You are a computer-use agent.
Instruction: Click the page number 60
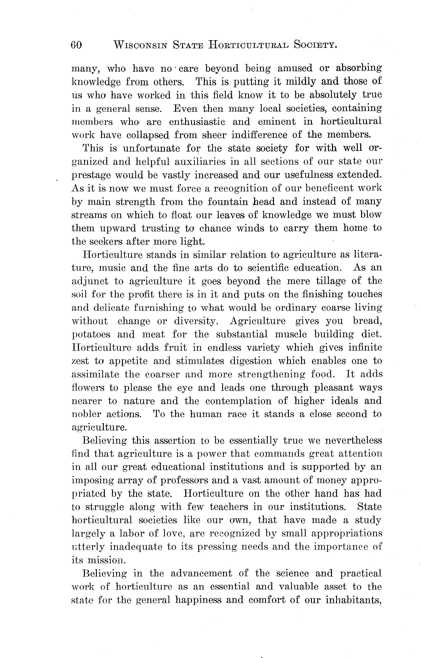point(76,45)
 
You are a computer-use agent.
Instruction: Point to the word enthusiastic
point(197,122)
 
